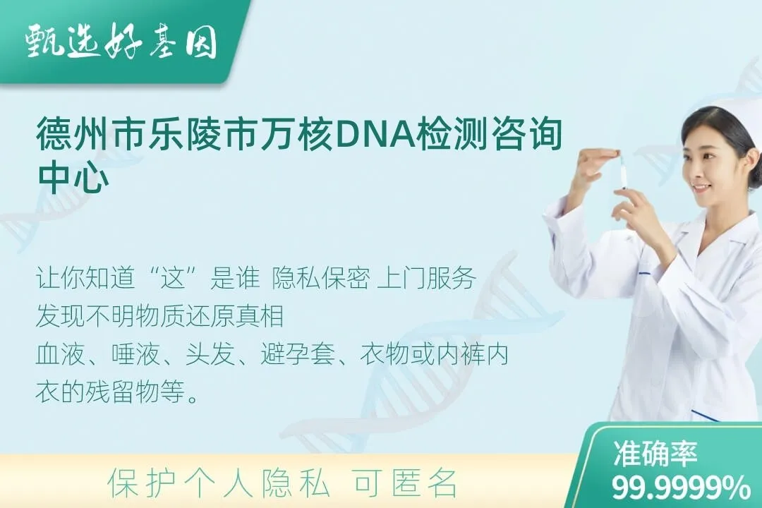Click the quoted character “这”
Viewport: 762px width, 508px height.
(x=174, y=279)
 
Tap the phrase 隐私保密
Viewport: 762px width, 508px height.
(x=320, y=279)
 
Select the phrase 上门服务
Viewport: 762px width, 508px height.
(x=425, y=279)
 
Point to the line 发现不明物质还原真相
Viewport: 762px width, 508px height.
(x=160, y=317)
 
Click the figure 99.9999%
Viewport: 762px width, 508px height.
(x=681, y=487)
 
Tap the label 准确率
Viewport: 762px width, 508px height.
(x=655, y=453)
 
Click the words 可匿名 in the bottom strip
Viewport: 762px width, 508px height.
(x=405, y=483)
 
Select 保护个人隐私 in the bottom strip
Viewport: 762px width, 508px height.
(x=218, y=483)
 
